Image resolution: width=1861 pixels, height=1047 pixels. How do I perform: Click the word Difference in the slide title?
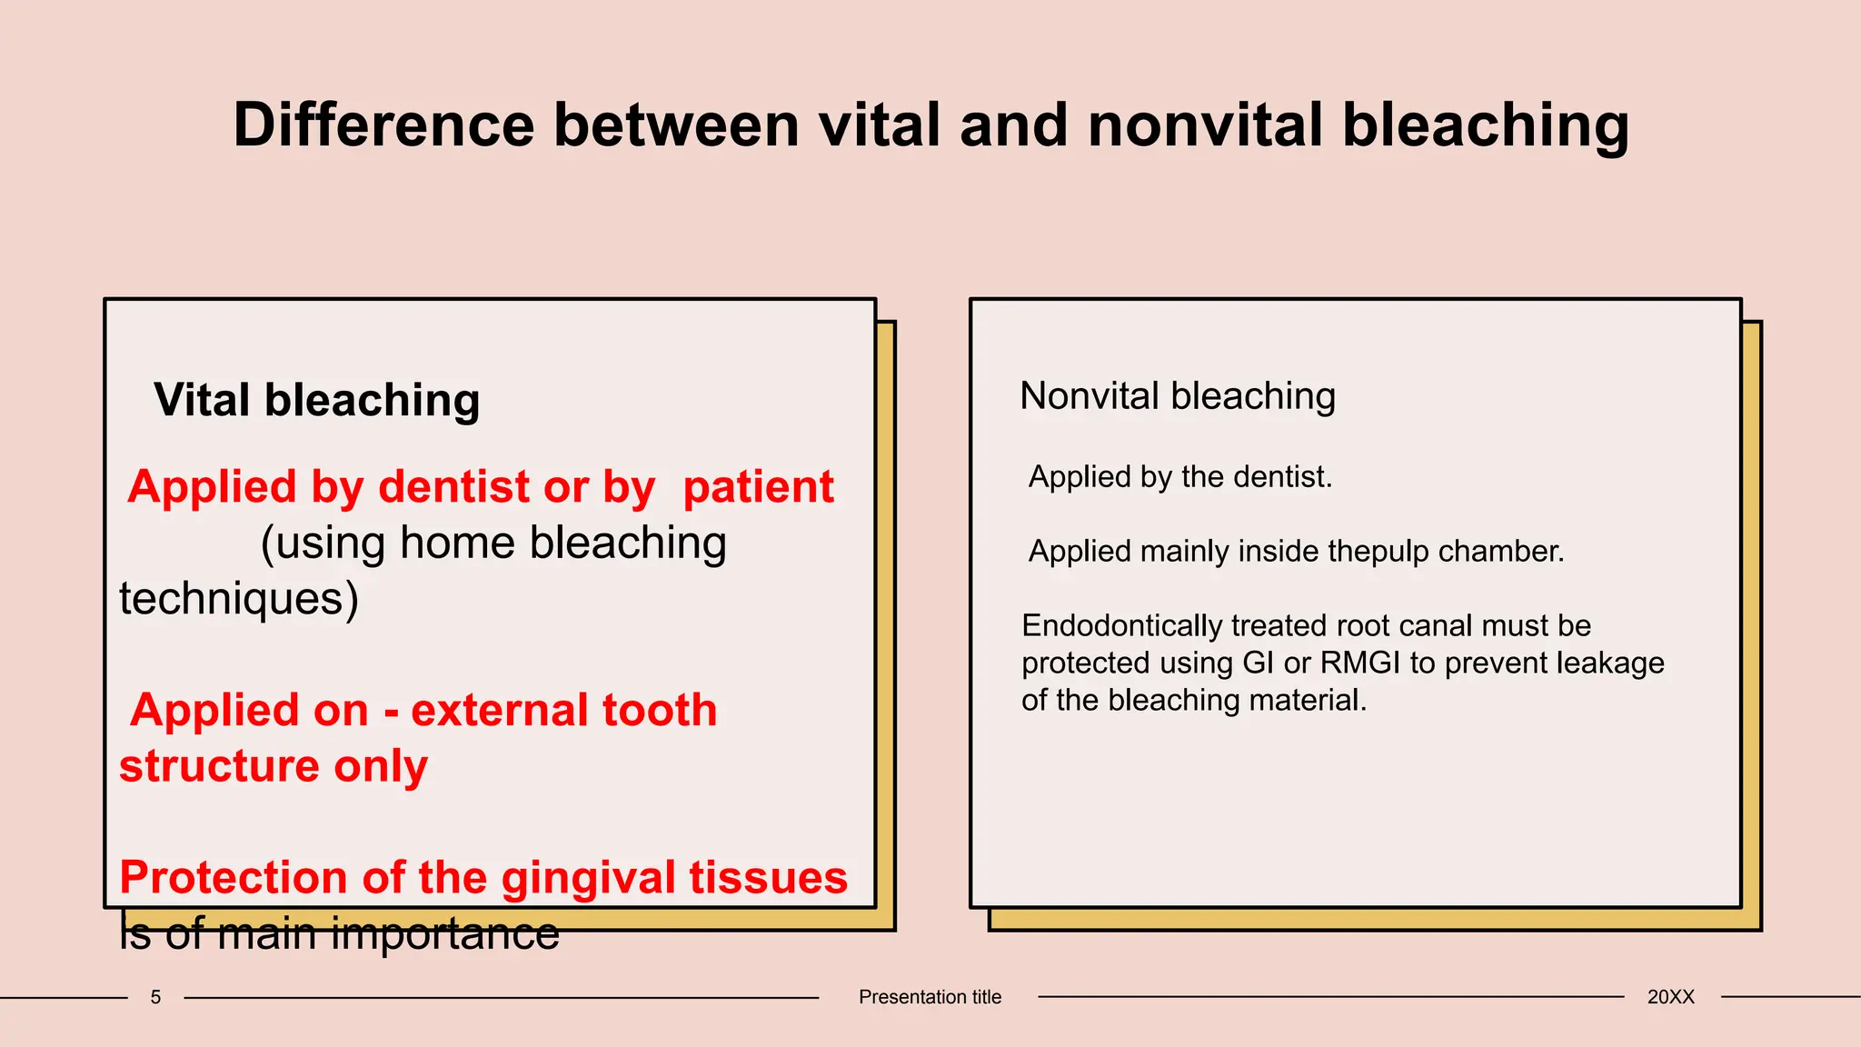point(383,125)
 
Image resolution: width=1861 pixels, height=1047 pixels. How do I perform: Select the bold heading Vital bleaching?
point(316,400)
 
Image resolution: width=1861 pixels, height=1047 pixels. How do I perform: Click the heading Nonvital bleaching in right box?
point(1178,396)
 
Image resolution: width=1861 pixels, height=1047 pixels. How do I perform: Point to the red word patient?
point(758,487)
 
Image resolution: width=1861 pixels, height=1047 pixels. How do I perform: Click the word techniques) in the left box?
point(239,599)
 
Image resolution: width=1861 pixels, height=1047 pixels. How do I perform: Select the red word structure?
point(218,766)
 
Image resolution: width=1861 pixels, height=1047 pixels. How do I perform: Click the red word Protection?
point(234,878)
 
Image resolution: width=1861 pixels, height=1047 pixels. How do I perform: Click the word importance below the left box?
point(445,934)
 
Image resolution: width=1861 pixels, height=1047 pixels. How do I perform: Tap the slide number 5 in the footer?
point(155,997)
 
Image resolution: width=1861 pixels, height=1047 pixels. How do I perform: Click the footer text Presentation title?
point(930,997)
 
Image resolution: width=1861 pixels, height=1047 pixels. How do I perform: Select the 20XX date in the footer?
point(1670,997)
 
